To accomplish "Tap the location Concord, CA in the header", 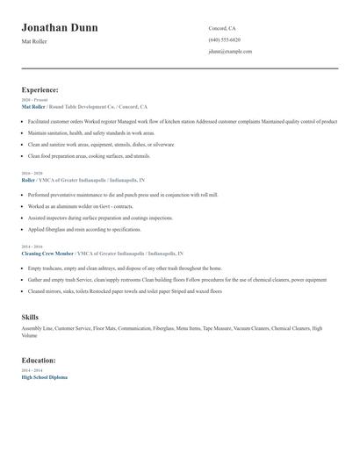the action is (222, 28).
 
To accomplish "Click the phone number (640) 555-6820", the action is (225, 39).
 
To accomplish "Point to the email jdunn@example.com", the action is (230, 51).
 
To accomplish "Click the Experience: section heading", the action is (40, 89).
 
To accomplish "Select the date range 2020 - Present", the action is (34, 100).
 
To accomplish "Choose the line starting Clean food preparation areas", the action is (89, 155).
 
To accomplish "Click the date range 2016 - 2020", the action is (32, 174).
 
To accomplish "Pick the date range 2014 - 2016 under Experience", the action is (32, 247).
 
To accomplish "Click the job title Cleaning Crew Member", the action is (47, 254).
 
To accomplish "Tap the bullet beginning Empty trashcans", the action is (125, 268).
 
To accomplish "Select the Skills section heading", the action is (30, 317).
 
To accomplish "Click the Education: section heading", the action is (39, 360).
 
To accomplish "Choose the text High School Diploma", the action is (44, 376).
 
